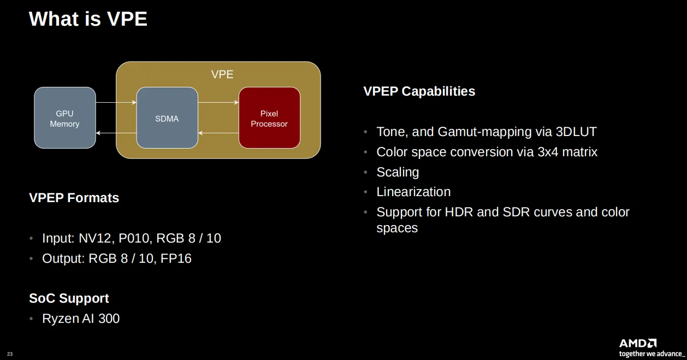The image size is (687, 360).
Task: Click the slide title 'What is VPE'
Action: tap(88, 19)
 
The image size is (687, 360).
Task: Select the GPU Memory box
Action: tap(64, 118)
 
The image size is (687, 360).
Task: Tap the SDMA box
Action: tap(167, 118)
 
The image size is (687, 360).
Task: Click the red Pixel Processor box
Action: tap(269, 118)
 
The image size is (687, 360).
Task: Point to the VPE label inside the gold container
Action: tap(222, 74)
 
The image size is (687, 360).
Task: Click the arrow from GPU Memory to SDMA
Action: tap(116, 102)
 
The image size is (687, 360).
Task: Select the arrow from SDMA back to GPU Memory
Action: tap(116, 133)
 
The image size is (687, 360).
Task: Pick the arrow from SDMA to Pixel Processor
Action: tap(218, 102)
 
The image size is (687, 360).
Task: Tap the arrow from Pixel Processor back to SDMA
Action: tap(218, 133)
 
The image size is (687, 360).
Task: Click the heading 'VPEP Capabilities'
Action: tap(419, 91)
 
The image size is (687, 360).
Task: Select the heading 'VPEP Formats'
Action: tap(74, 198)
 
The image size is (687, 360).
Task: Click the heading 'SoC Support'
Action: tap(69, 298)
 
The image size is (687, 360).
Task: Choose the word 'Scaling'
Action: tap(398, 172)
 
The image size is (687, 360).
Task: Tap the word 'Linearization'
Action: tap(413, 192)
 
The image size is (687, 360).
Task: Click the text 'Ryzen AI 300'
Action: tap(81, 318)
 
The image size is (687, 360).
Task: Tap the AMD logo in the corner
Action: tap(637, 343)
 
